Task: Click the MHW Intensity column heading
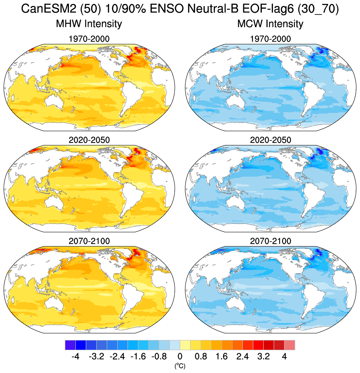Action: pos(89,24)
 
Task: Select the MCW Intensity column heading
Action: pos(270,24)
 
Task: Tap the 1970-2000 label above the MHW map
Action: pos(89,39)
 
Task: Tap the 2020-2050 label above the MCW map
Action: pos(270,140)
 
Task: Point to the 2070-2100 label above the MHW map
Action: pos(89,241)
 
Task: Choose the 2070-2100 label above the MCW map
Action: pos(270,241)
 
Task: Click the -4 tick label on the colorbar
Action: pos(75,357)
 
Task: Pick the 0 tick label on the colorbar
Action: pos(180,357)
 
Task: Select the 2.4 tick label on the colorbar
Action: pos(243,357)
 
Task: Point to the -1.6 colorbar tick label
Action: pos(138,357)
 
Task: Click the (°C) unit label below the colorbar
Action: pos(180,366)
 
